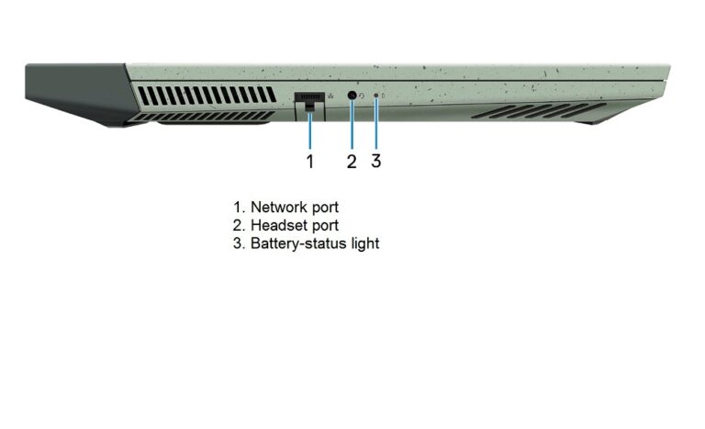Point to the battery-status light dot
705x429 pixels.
coord(376,96)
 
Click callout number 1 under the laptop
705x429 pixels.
coord(310,162)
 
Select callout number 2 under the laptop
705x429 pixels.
coord(352,162)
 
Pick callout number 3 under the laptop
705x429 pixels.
coord(376,161)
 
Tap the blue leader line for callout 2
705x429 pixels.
coord(352,125)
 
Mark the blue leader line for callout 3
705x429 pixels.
coord(376,123)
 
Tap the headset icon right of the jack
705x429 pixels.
coord(364,96)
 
